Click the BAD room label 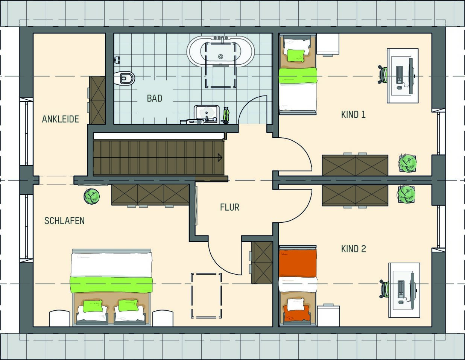coord(155,99)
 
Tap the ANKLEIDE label coord(60,119)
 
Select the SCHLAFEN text coord(64,221)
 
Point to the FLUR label coord(229,207)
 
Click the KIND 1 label coord(353,115)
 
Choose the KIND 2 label coord(354,249)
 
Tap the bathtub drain coord(220,57)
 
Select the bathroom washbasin coord(207,114)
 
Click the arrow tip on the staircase coord(222,158)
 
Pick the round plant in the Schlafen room coord(91,196)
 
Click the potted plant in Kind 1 coord(407,163)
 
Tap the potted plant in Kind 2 coord(406,194)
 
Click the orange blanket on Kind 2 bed coord(298,263)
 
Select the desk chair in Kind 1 coord(383,74)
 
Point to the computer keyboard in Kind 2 coord(401,289)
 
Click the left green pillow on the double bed coord(93,306)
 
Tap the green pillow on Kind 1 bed coord(296,55)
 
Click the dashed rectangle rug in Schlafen coord(206,295)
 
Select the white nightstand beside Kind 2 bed coord(328,316)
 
